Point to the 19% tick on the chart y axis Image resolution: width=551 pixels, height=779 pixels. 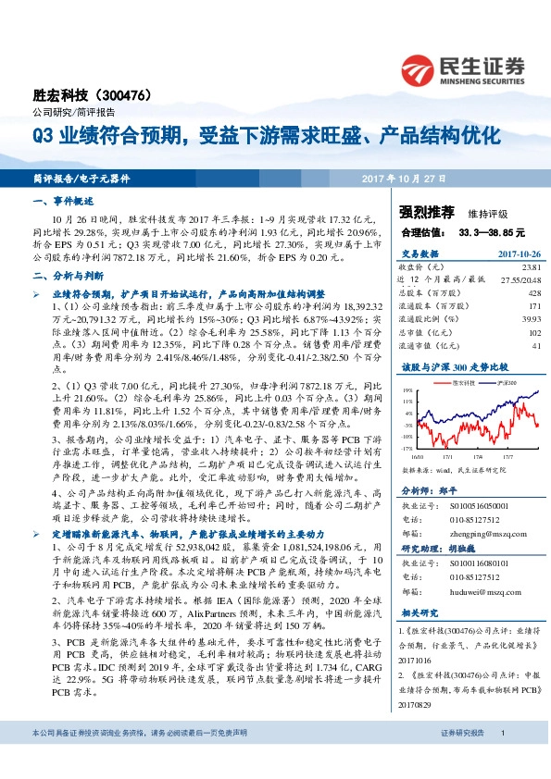pos(407,391)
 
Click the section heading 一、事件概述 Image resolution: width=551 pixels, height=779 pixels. pos(57,200)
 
